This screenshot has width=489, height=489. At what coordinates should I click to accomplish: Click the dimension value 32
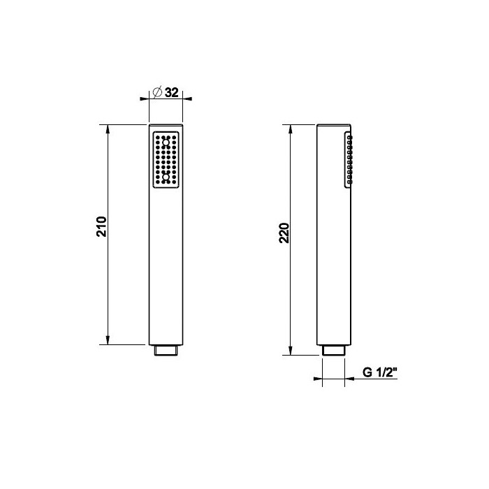tap(172, 92)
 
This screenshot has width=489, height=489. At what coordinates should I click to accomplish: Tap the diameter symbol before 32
tap(158, 92)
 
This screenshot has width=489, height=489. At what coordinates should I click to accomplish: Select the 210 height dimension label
tap(101, 227)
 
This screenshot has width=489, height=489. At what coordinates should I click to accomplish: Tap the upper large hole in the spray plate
tap(166, 143)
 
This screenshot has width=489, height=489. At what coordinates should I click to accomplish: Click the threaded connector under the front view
tap(166, 350)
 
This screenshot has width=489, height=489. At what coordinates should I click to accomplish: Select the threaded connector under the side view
tap(333, 350)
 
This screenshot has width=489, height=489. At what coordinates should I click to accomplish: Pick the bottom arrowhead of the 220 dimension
tap(291, 351)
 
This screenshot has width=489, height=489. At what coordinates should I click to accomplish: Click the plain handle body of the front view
tap(166, 265)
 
